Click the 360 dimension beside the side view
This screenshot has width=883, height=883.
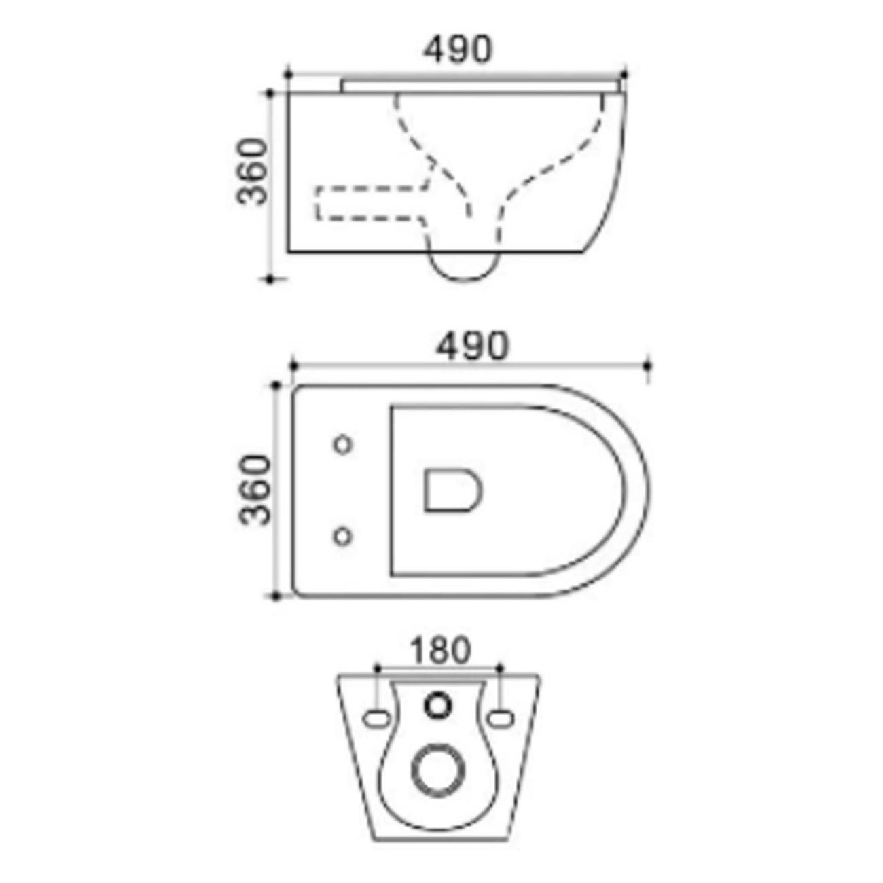251,171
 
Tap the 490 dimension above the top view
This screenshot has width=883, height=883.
472,346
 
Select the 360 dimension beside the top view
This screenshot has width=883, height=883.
255,489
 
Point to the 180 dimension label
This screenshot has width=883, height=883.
440,650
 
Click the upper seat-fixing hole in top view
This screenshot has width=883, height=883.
342,444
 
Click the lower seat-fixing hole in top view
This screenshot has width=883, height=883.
342,536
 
